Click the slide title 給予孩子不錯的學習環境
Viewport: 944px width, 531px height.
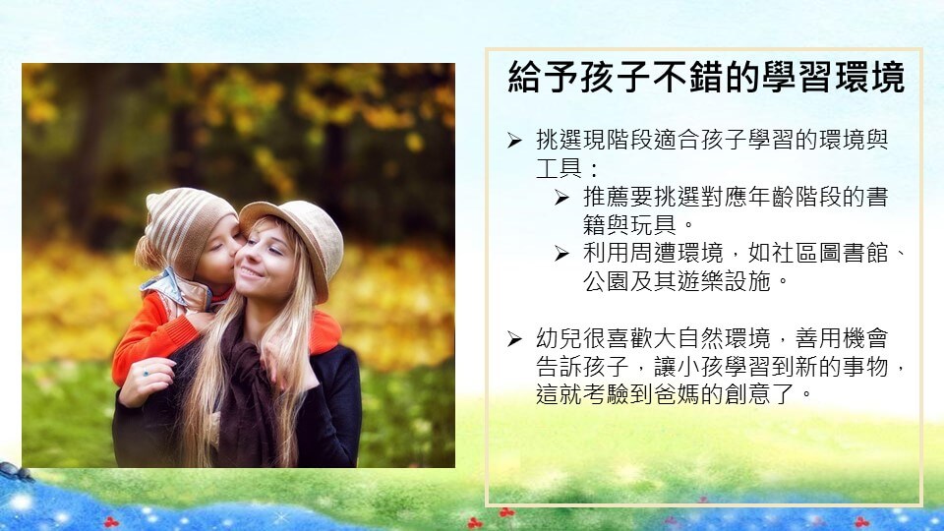point(706,77)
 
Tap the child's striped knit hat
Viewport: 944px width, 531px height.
point(186,226)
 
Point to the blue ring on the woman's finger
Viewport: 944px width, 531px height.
point(146,374)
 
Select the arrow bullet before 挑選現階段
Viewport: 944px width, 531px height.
point(514,141)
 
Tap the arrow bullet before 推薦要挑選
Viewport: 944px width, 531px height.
point(561,198)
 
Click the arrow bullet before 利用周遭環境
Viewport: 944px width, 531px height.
point(561,254)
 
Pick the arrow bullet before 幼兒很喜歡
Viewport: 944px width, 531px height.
point(514,339)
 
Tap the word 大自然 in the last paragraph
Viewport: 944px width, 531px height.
point(688,338)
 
